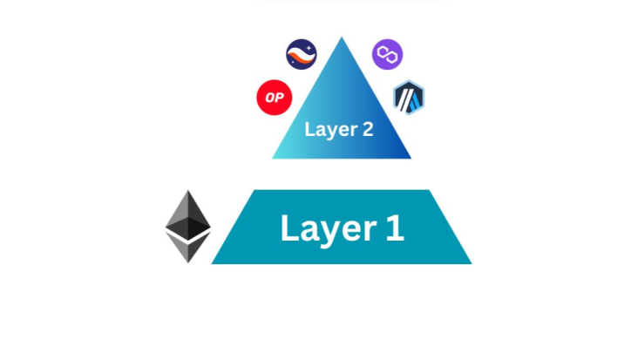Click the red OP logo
pyautogui.click(x=275, y=98)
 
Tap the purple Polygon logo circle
pyautogui.click(x=387, y=55)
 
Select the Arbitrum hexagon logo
pyautogui.click(x=409, y=98)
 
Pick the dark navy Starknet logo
pyautogui.click(x=302, y=55)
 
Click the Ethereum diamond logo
pyautogui.click(x=188, y=227)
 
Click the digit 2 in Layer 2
pyautogui.click(x=368, y=129)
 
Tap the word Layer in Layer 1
pyautogui.click(x=329, y=229)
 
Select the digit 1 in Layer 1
pyautogui.click(x=395, y=228)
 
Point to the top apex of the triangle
pyautogui.click(x=342, y=37)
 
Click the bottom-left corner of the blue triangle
pyautogui.click(x=273, y=158)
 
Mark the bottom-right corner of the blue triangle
pyautogui.click(x=411, y=158)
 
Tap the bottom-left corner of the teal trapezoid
pyautogui.click(x=212, y=263)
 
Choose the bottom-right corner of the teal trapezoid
pyautogui.click(x=472, y=263)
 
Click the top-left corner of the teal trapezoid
pyautogui.click(x=255, y=190)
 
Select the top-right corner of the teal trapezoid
pyautogui.click(x=429, y=190)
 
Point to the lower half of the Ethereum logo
pyautogui.click(x=188, y=246)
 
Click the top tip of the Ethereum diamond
pyautogui.click(x=188, y=190)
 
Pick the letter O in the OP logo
pyautogui.click(x=270, y=98)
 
